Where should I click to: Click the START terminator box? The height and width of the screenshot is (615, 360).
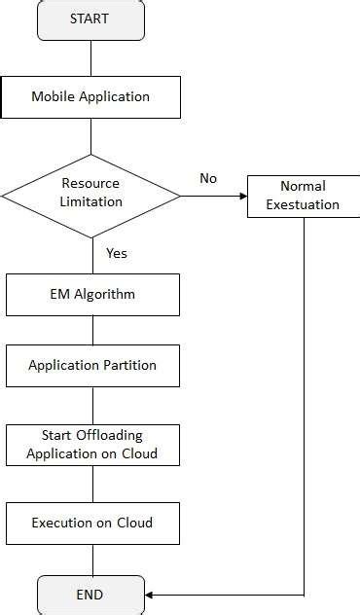(x=90, y=20)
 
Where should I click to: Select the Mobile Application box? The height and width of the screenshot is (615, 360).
(x=90, y=97)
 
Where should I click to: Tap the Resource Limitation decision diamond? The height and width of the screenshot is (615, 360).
(x=90, y=193)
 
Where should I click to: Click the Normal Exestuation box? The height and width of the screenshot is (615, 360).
(x=303, y=195)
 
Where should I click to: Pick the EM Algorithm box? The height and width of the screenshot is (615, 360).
(x=92, y=295)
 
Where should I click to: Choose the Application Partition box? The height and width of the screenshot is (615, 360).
(x=92, y=366)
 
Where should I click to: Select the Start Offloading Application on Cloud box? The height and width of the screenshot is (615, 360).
(x=92, y=445)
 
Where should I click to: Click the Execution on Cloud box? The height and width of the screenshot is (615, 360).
(x=92, y=523)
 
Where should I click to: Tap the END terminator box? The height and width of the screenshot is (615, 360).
(x=90, y=594)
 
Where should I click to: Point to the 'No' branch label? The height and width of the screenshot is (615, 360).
(x=208, y=178)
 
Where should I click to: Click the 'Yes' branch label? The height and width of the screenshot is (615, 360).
(x=116, y=253)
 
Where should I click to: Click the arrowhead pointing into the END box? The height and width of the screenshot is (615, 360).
(x=150, y=594)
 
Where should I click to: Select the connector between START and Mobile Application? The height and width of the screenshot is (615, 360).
(x=90, y=59)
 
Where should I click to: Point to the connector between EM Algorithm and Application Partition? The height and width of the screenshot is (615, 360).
(x=92, y=331)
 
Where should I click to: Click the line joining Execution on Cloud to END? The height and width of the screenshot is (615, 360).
(x=92, y=559)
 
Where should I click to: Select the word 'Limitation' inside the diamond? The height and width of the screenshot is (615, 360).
(x=90, y=201)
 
